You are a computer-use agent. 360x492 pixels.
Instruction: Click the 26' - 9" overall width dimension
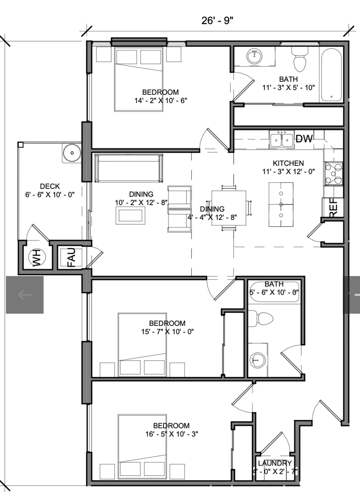pos(217,21)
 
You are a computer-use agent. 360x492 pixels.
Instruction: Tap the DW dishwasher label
pos(304,139)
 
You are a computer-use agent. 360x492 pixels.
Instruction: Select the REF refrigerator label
pos(333,208)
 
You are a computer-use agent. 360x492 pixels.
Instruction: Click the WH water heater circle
pos(37,257)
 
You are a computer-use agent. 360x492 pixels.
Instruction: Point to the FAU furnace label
pos(71,257)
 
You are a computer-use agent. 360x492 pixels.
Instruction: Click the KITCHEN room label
pos(288,163)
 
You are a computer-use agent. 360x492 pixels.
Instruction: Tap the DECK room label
pos(50,186)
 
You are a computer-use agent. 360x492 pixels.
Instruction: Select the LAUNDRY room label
pos(275,463)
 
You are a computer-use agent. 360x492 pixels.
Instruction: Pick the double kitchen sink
pos(281,139)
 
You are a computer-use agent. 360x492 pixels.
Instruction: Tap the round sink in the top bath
pos(254,56)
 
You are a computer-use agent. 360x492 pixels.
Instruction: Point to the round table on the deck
pos(72,153)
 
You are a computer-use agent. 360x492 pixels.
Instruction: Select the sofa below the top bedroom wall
pos(129,168)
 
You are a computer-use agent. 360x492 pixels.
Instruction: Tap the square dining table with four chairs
pos(229,208)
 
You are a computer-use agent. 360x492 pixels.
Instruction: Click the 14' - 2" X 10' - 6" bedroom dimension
pos(161,101)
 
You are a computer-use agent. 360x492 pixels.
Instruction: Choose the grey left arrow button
pos(25,295)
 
